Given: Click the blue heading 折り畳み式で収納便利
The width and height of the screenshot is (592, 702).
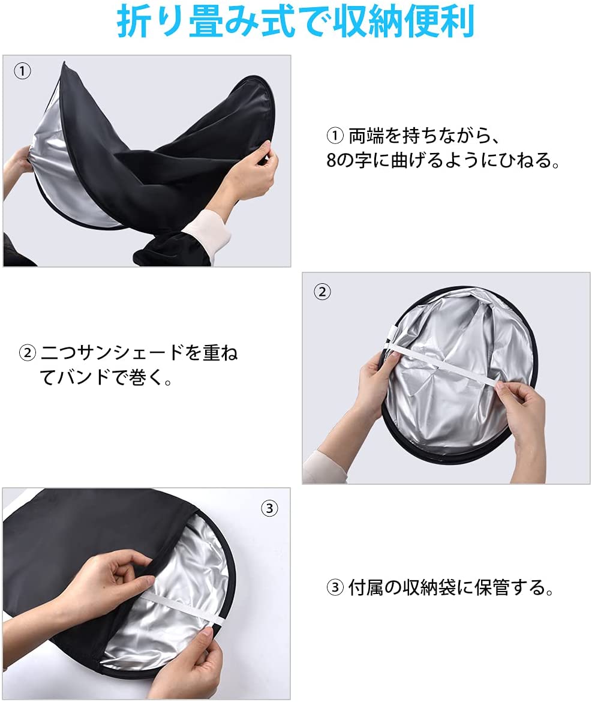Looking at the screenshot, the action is pos(295,22).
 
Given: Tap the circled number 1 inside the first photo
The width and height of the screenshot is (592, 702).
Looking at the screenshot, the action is pos(22,71).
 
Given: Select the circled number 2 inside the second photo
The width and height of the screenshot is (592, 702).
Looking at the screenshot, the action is pos(322,292).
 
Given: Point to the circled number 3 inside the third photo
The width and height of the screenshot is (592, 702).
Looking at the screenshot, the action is pos(269,508).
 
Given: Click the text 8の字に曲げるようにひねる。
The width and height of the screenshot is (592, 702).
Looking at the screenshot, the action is pos(443,160).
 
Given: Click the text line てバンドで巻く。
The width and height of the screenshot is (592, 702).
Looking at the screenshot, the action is pos(106,377).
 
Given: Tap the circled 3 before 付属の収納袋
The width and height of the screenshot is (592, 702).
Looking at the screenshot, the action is pos(335,587).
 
